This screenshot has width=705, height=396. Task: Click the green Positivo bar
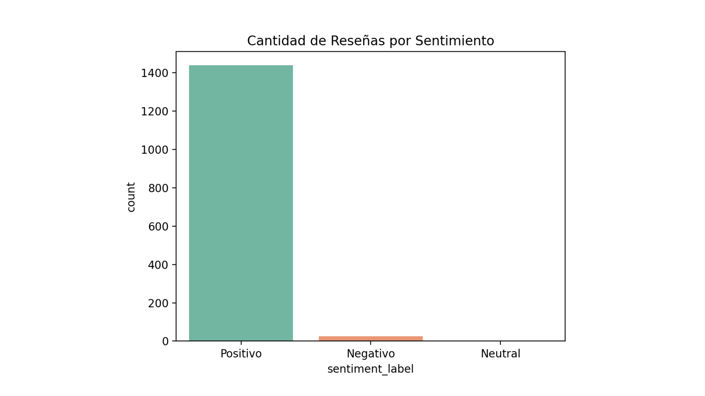click(241, 203)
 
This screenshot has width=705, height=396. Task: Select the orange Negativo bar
click(370, 338)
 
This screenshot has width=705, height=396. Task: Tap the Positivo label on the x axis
click(241, 354)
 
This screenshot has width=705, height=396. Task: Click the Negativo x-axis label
click(370, 354)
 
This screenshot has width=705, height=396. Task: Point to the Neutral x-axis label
click(500, 354)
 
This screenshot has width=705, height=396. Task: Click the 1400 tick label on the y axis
click(155, 73)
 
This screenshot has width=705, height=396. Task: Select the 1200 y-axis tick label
click(155, 111)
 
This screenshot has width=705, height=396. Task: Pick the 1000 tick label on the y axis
click(155, 150)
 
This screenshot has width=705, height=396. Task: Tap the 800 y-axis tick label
click(158, 188)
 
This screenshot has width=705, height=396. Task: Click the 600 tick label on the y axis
click(158, 227)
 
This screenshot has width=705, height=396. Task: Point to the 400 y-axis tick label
click(158, 265)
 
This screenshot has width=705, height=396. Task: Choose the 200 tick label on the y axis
click(158, 303)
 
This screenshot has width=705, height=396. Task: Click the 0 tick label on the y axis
click(165, 342)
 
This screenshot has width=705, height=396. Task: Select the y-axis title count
click(131, 197)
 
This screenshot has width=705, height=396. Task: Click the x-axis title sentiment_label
click(370, 369)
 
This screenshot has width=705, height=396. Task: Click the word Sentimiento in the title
click(455, 41)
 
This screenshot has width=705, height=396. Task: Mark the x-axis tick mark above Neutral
click(500, 343)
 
